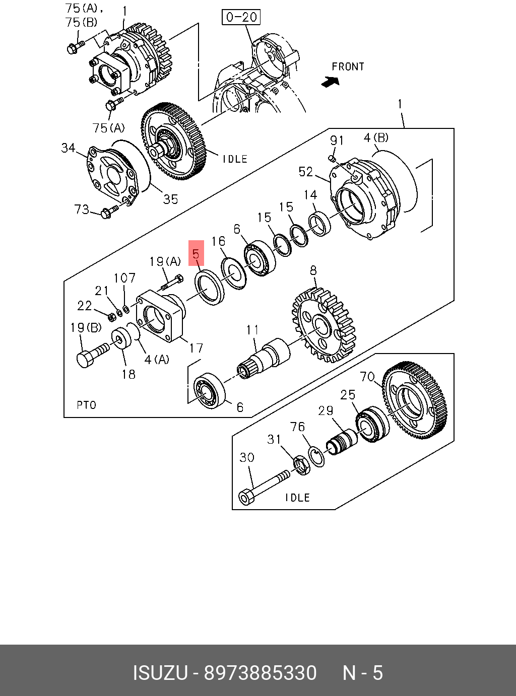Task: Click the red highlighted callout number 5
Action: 196,253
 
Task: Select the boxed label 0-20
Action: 241,17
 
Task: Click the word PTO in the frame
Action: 86,405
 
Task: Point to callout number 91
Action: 337,141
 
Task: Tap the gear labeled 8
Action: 324,324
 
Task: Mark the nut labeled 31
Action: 301,464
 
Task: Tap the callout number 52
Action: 306,172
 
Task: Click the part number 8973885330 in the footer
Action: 260,673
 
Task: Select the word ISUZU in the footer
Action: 160,673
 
